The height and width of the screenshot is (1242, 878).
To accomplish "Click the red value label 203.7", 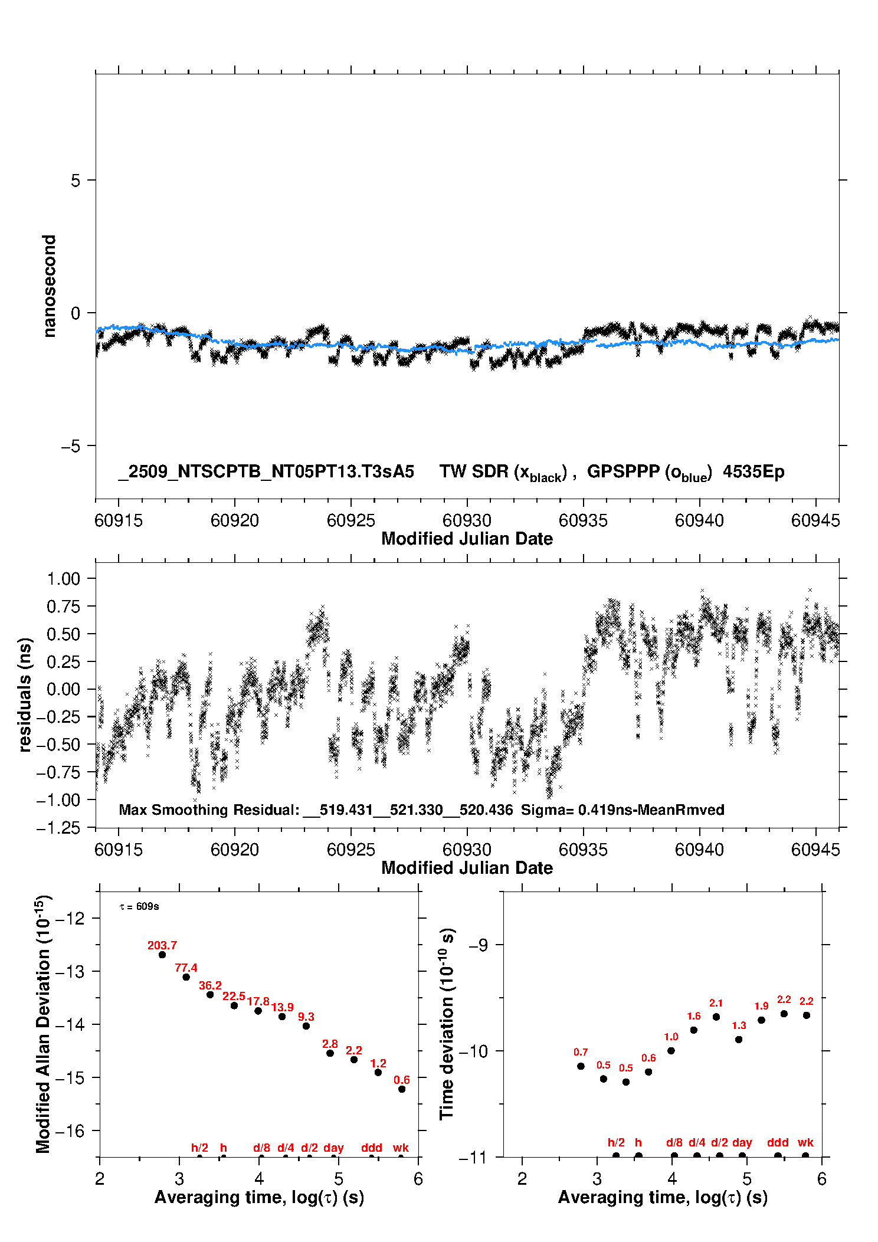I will pos(162,946).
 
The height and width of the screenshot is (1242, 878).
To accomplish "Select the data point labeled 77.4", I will pos(186,977).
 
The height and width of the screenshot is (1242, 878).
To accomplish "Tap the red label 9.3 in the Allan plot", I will pos(306,1017).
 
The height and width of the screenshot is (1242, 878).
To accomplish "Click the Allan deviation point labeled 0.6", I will pos(402,1089).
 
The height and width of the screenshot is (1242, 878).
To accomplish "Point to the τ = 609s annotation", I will pos(139,906).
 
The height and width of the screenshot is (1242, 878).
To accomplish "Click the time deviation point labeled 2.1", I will pos(716,1017).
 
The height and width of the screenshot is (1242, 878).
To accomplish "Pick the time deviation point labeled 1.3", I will pos(739,1040).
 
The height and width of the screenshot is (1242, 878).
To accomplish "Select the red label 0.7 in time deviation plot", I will pos(581,1052).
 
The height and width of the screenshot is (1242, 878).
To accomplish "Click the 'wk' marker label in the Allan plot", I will pos(401,1148).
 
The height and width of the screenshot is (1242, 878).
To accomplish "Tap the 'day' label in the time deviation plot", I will pos(742,1142).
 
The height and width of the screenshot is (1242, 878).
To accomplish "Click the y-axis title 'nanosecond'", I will pos(50,286).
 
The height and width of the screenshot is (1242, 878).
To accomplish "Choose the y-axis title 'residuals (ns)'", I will pos(25,694).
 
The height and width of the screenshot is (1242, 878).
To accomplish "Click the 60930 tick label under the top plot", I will pos(467,520).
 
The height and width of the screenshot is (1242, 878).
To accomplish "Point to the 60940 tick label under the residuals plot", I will pos(699,850).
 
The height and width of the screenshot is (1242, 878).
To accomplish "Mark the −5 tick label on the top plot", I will pos(70,446).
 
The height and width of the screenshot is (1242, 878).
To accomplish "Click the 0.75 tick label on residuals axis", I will pos(64,606).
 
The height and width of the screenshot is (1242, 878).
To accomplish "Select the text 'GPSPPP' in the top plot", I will pos(623,472).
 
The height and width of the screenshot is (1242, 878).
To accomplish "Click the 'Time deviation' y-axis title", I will pos(447,1024).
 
